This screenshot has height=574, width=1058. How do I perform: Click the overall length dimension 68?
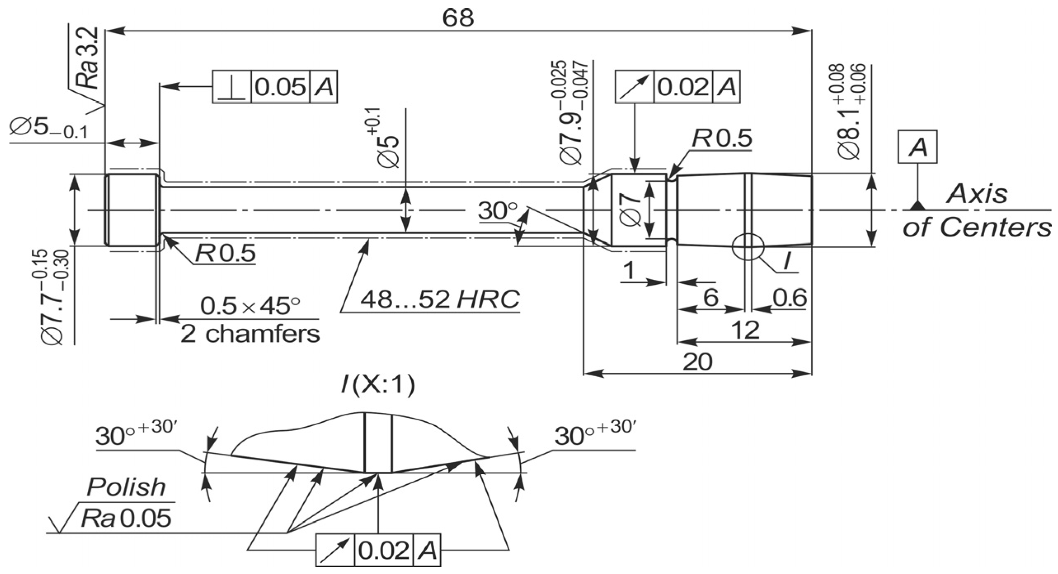tap(458, 18)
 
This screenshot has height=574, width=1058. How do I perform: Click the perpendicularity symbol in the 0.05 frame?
tap(231, 87)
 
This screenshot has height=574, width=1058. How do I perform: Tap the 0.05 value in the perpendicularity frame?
tap(280, 87)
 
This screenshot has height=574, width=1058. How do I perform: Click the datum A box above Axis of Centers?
tap(918, 147)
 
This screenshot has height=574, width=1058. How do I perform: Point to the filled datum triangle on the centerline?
tap(918, 205)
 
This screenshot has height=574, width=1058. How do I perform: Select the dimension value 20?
tap(698, 362)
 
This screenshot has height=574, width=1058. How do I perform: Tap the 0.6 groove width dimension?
tap(789, 298)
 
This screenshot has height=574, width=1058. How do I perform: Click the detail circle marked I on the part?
tap(748, 246)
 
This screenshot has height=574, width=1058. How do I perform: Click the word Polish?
tap(126, 487)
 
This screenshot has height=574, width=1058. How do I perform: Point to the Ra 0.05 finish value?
tap(126, 518)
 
